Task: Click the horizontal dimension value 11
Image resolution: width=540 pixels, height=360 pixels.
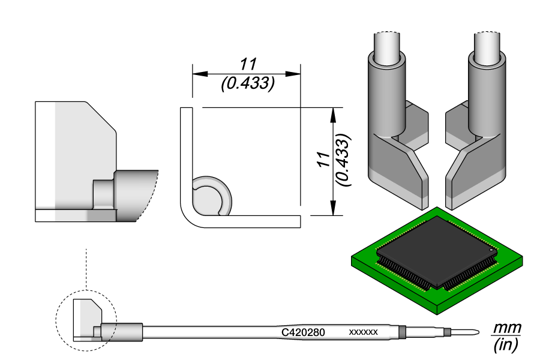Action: (248, 65)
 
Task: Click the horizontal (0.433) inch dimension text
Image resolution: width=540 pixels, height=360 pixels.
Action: (248, 85)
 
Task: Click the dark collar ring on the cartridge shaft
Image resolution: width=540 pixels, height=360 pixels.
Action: (403, 332)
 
